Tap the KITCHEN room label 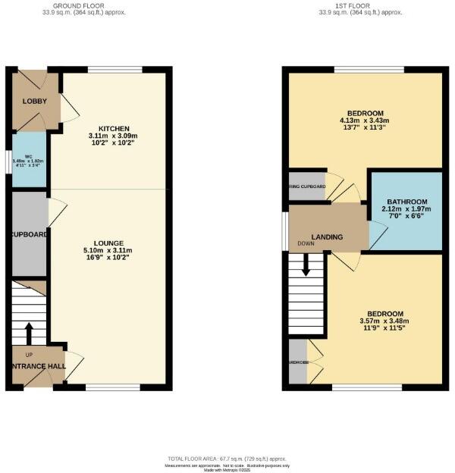[x=115, y=128]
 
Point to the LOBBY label [x=34, y=102]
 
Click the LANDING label [x=326, y=237]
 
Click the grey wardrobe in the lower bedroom [x=298, y=362]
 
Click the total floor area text [x=227, y=459]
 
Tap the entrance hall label [x=36, y=365]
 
